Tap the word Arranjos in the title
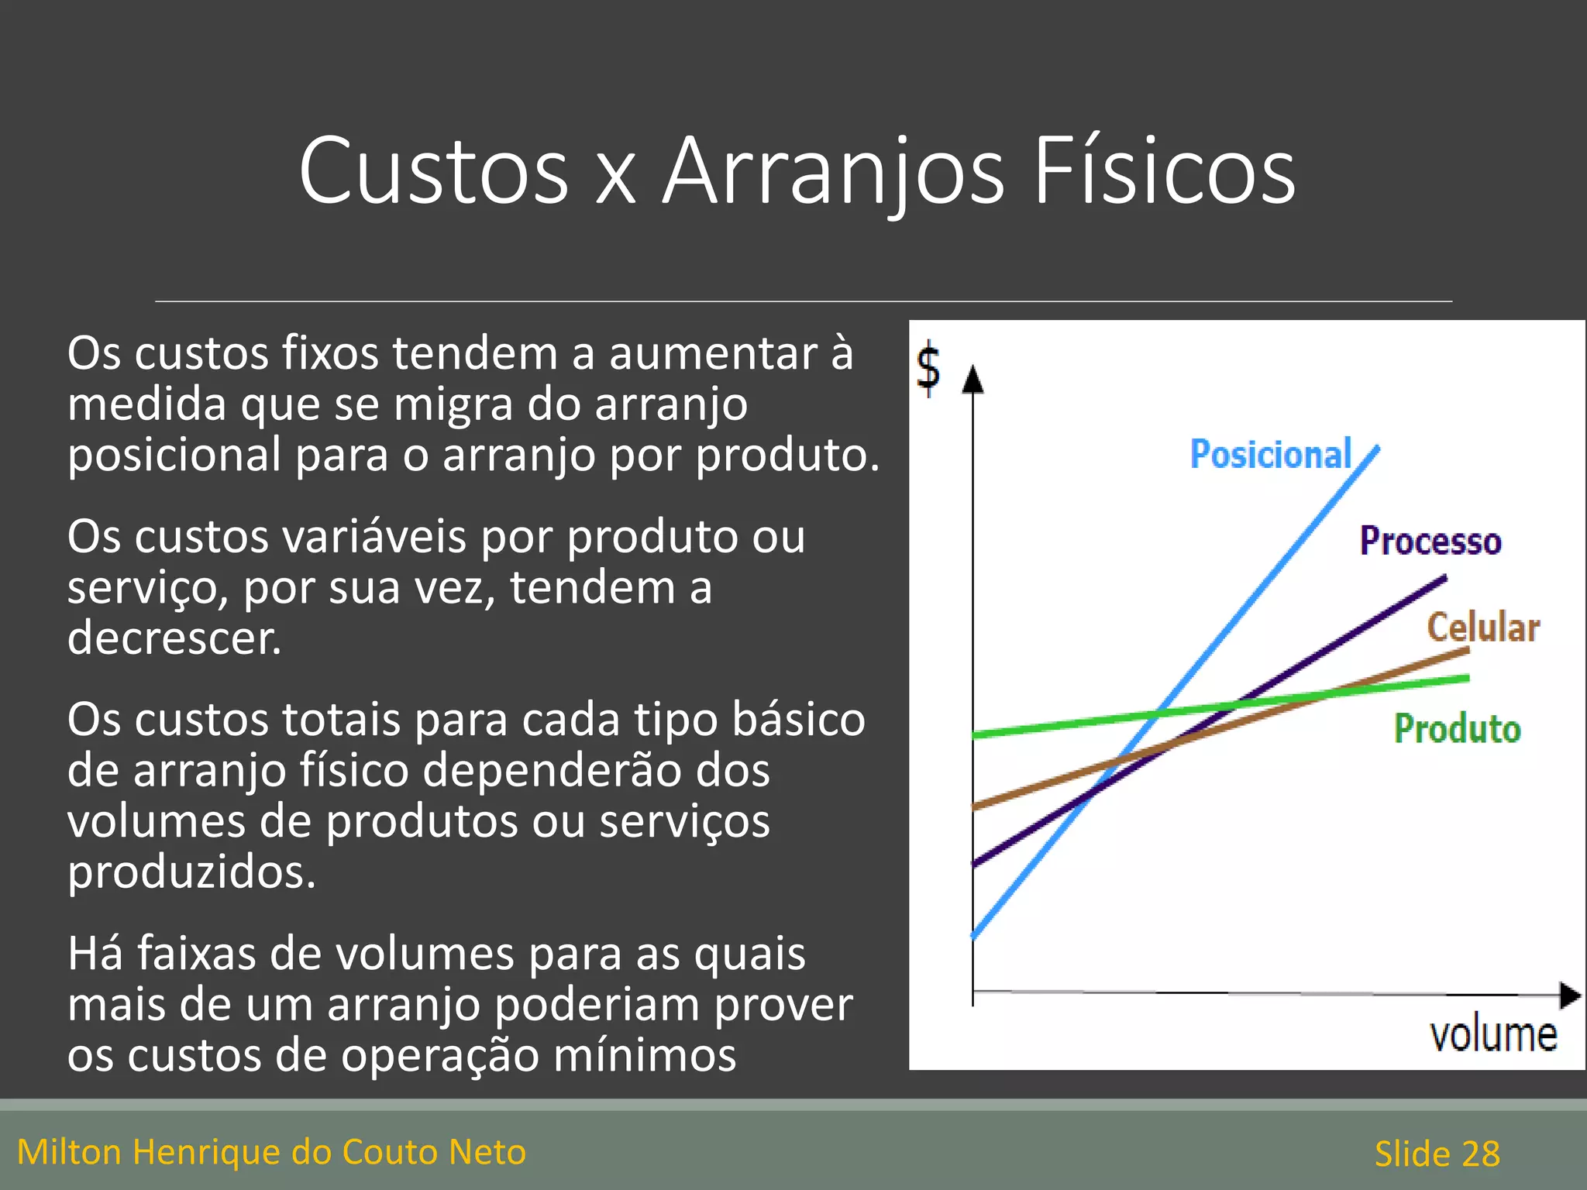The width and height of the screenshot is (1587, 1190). (x=834, y=172)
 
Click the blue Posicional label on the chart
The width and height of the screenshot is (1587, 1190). (x=1271, y=454)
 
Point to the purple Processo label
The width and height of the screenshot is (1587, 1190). (x=1430, y=541)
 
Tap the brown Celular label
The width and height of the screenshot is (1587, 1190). (x=1483, y=627)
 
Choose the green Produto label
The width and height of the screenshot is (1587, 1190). (x=1457, y=729)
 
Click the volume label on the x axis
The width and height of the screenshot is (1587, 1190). (x=1493, y=1035)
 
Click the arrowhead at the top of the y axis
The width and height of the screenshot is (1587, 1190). (x=973, y=380)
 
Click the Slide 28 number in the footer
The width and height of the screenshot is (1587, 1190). (x=1437, y=1154)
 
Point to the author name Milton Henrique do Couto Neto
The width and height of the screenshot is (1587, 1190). (x=271, y=1152)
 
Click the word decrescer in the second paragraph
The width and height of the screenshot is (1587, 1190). (x=174, y=638)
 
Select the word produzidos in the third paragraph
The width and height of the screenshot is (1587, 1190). (x=191, y=872)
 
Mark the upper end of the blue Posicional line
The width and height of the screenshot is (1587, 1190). (x=1378, y=447)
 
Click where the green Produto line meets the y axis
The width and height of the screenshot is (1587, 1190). (x=974, y=734)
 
